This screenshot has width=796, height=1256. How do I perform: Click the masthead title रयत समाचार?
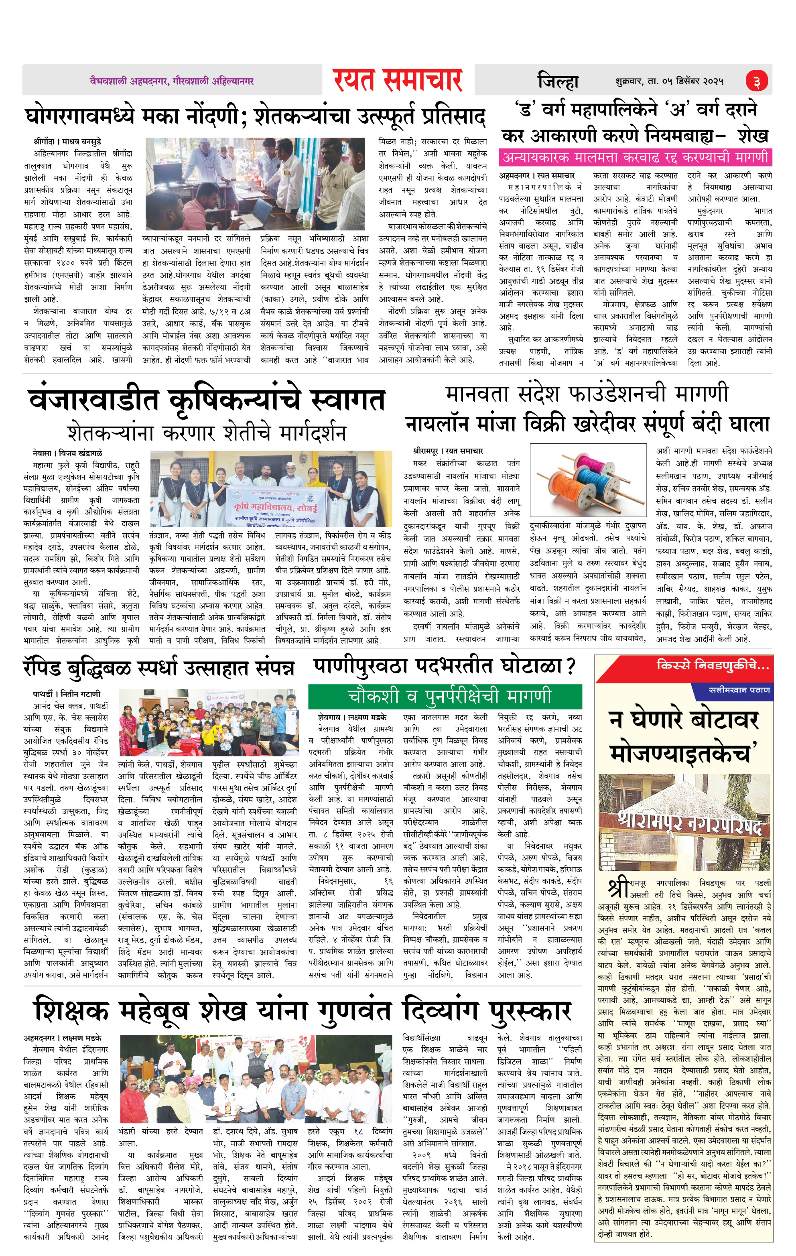tap(398, 80)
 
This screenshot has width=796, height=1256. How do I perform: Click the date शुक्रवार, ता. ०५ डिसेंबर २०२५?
tap(669, 81)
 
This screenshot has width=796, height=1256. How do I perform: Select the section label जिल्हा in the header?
tap(558, 81)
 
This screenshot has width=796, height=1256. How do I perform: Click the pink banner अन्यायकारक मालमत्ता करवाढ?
tap(635, 157)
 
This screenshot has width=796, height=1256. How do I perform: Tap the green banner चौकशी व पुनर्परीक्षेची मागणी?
tap(445, 696)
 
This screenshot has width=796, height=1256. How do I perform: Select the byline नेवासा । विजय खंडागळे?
tap(67, 453)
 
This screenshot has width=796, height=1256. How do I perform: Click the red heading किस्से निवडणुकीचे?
tap(712, 666)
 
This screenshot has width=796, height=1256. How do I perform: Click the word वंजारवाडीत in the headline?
tap(94, 400)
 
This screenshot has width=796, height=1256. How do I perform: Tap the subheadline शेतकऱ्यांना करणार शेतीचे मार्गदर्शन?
tap(207, 433)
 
